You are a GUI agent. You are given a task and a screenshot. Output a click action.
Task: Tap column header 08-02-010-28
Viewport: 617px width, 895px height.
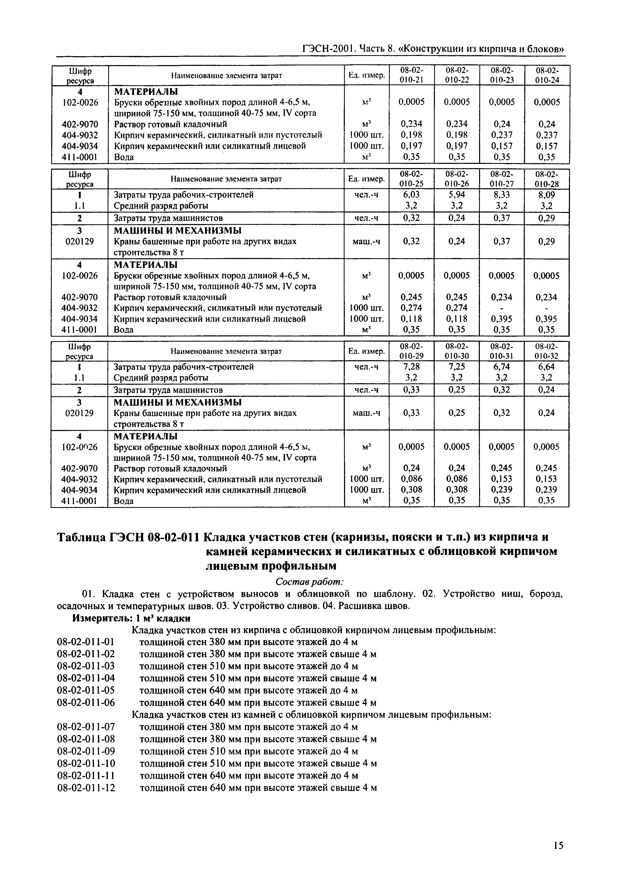[547, 179]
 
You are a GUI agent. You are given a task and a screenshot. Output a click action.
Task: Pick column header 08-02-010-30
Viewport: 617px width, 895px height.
[457, 351]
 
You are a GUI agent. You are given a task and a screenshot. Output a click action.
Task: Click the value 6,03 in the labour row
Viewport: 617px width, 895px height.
[411, 194]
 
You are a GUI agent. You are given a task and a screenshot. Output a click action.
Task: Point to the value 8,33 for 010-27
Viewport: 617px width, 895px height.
[502, 194]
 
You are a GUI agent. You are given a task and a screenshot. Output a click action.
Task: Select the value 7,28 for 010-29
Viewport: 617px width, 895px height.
[411, 366]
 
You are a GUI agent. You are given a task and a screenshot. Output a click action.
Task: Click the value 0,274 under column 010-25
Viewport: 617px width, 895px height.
[411, 308]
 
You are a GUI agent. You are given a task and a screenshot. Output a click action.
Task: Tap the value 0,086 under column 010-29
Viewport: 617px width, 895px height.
[411, 479]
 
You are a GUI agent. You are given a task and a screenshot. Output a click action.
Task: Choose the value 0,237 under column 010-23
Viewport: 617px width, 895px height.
[502, 135]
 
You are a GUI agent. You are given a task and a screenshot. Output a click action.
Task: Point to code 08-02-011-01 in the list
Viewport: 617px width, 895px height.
[86, 642]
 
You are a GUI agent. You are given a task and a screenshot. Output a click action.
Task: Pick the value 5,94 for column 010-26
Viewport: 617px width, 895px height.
[457, 194]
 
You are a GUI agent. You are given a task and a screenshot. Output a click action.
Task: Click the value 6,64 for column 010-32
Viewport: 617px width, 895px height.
[547, 366]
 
